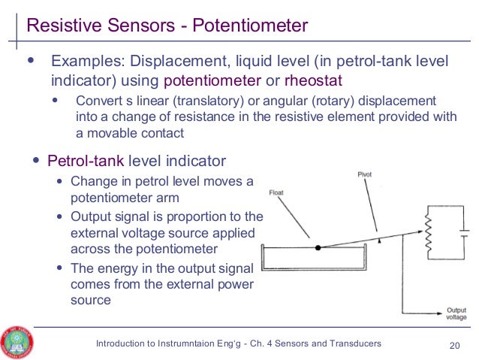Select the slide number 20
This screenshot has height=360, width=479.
[x=453, y=344]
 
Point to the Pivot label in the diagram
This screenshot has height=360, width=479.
[x=364, y=174]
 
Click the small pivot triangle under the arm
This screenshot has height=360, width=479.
[x=380, y=241]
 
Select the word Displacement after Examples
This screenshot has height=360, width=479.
[x=169, y=61]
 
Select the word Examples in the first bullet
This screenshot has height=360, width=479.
[x=82, y=61]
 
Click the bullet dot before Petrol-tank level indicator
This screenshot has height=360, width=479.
[x=36, y=161]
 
